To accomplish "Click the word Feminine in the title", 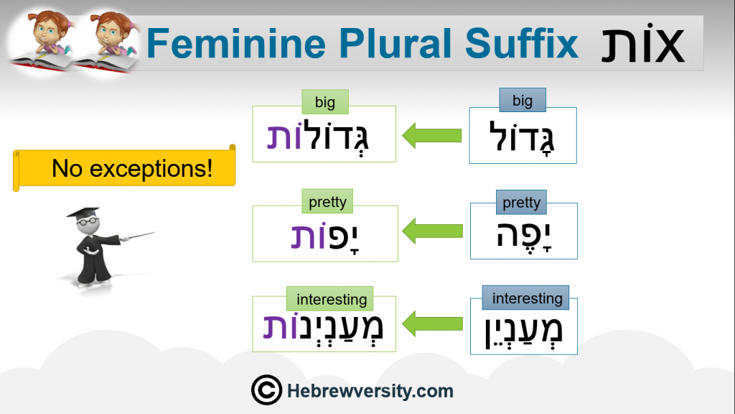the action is click(x=235, y=43).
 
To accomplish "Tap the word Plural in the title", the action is click(x=395, y=43).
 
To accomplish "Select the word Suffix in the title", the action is click(x=521, y=42).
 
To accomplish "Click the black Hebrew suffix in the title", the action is click(x=642, y=42).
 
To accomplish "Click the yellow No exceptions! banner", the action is click(x=124, y=168).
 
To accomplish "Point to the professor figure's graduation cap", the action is click(x=83, y=213).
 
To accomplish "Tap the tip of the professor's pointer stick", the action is click(x=154, y=232).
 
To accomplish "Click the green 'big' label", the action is click(x=325, y=102).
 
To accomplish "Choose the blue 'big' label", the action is click(x=523, y=100).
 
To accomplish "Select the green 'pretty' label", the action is click(x=327, y=201).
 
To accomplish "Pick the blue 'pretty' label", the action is click(x=521, y=202).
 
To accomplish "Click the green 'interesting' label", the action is click(x=330, y=299).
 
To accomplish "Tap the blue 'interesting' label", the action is click(x=526, y=298).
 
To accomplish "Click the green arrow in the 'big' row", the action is click(x=431, y=136).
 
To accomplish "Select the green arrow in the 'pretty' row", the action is click(x=432, y=231).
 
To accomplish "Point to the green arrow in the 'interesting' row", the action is click(x=432, y=324).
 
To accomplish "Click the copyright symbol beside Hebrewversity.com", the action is click(x=266, y=390).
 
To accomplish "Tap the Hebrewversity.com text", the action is click(x=370, y=390).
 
